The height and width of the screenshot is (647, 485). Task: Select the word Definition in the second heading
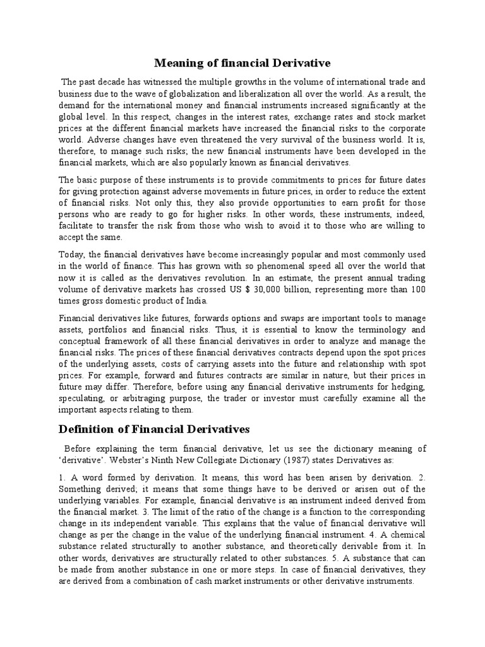tap(88, 429)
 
